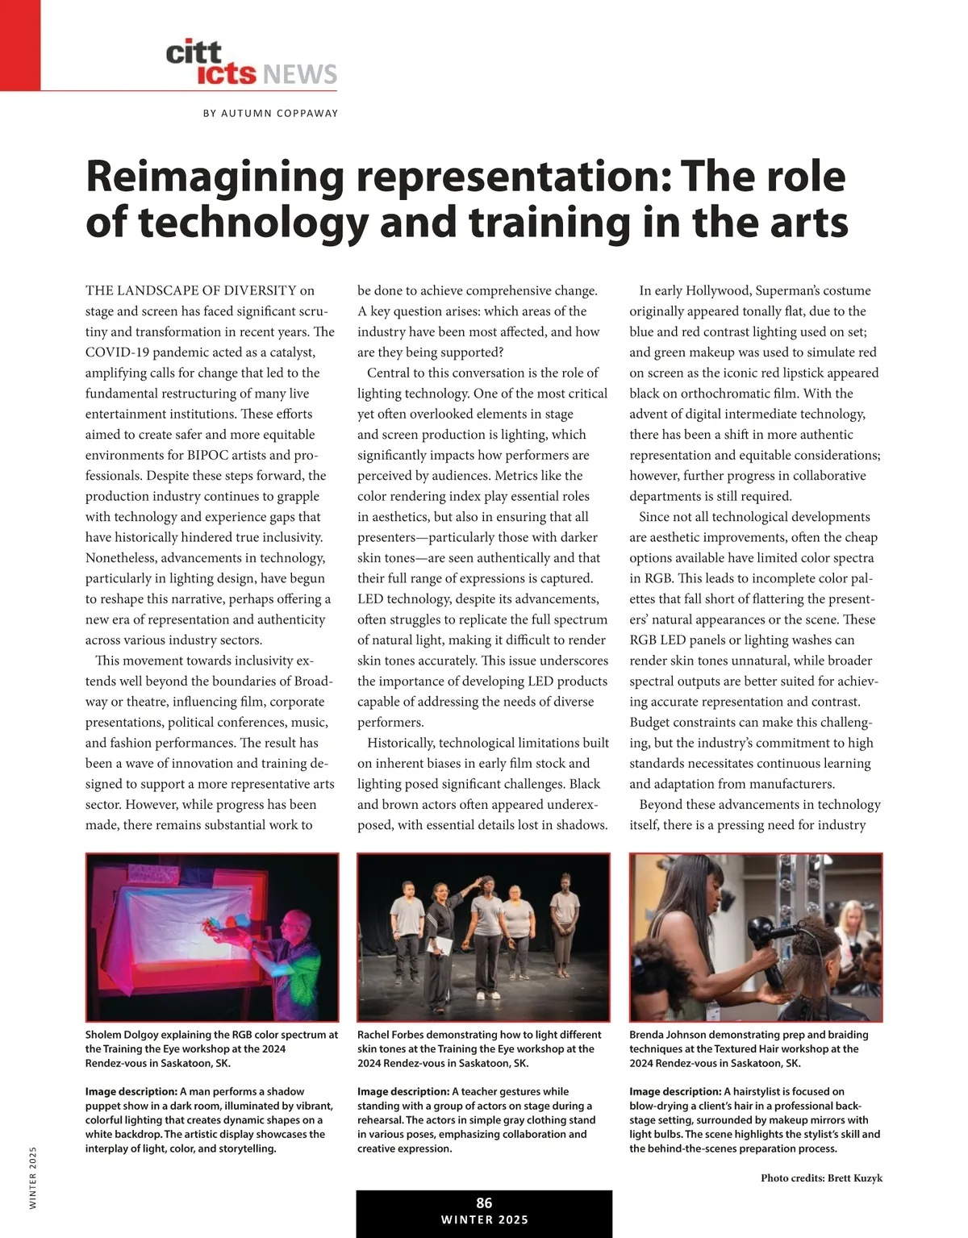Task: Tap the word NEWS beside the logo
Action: (x=299, y=75)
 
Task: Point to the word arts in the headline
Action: (x=807, y=223)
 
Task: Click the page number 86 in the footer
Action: (x=484, y=1203)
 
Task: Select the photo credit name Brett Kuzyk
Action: (x=854, y=1178)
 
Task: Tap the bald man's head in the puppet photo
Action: (x=298, y=919)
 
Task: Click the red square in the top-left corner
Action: (x=19, y=44)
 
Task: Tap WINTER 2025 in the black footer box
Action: (x=484, y=1219)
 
